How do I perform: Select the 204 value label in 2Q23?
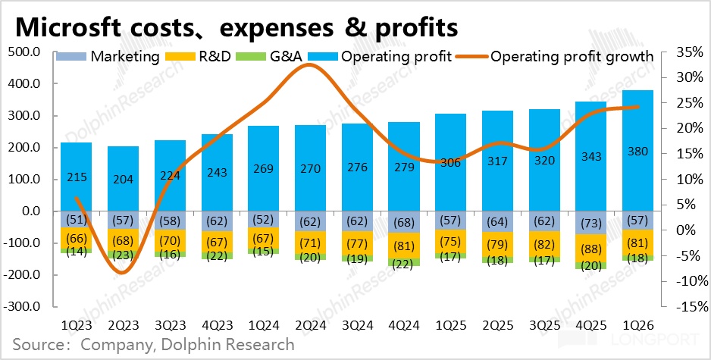(123, 180)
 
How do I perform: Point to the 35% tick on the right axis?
(683, 52)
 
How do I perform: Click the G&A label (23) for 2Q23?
(123, 255)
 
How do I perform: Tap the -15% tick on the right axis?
(683, 307)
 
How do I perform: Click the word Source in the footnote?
(39, 345)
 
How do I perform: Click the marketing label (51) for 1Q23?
(76, 220)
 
